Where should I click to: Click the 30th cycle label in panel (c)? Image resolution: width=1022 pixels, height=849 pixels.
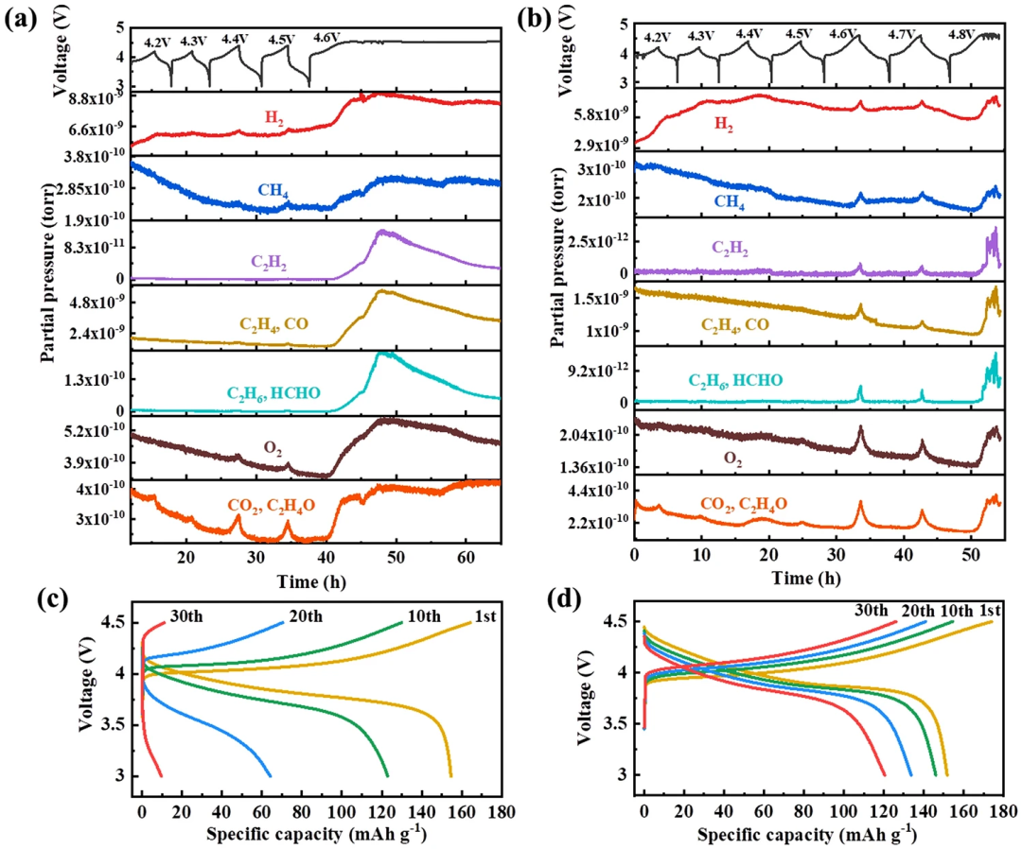[185, 616]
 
